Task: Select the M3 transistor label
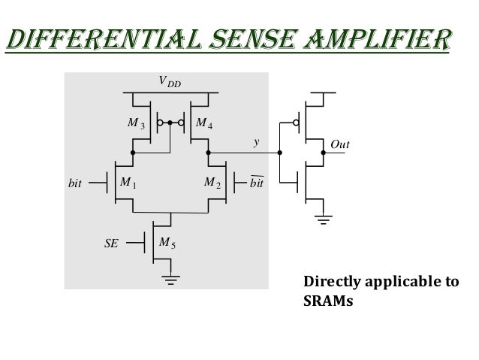coord(136,123)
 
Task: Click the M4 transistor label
coord(203,123)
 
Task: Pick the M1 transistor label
coord(127,182)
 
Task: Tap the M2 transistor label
coord(212,182)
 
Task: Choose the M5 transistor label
coord(167,243)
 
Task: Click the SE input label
coord(111,243)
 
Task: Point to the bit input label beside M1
coord(74,183)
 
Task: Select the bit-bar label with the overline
coord(257,182)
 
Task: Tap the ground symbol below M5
coord(172,281)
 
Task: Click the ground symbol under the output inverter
coord(324,220)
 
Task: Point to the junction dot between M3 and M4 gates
coord(170,122)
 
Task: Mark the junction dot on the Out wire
coord(324,153)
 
